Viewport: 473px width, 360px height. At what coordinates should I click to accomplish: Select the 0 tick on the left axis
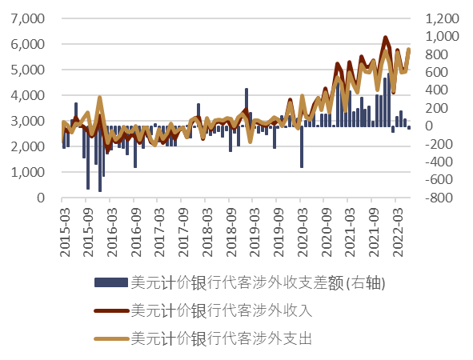pyautogui.click(x=45, y=198)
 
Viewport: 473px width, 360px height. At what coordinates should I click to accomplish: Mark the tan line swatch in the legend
pyautogui.click(x=110, y=338)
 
